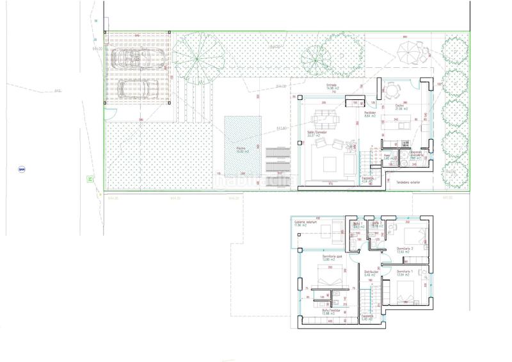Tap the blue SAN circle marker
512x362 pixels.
22,169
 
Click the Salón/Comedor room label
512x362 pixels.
316,135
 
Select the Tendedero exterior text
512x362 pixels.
410,182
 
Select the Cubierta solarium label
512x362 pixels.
305,222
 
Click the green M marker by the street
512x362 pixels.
91,179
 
